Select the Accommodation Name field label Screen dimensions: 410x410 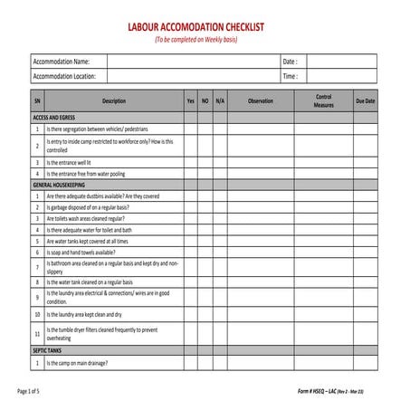61,62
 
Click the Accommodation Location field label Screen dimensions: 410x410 64,77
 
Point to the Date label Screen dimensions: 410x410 290,62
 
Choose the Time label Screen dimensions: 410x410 290,77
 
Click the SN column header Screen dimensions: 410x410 37,101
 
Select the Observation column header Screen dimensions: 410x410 260,101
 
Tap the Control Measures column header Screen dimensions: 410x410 323,101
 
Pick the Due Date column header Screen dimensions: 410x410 365,101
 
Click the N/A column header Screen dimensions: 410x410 220,101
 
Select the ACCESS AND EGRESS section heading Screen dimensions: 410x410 55,118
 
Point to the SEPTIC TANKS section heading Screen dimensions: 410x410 47,350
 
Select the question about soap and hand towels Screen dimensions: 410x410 81,253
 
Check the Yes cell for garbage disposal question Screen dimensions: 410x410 190,206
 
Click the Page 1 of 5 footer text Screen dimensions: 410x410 29,391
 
